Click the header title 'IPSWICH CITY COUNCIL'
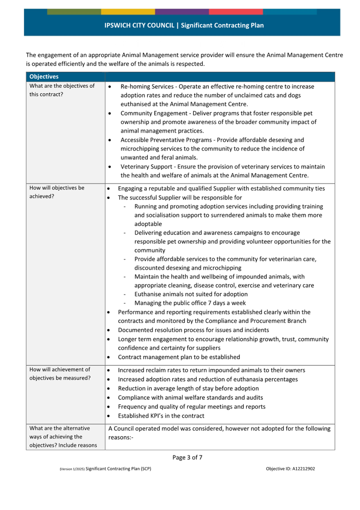[139, 25]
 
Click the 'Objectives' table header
[44, 77]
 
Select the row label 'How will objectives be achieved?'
[57, 192]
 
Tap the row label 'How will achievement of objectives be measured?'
[60, 374]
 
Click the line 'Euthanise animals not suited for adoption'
[191, 294]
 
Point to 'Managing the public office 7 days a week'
[190, 303]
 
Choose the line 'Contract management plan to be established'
[179, 357]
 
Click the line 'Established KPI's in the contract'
[161, 416]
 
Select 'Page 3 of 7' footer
[187, 457]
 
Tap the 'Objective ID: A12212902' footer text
[290, 469]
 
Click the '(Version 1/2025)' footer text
[72, 469]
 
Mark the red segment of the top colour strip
[236, 12]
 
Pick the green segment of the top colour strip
[74, 12]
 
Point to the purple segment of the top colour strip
[182, 12]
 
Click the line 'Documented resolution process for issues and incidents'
[193, 330]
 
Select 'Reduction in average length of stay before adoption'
[188, 388]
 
